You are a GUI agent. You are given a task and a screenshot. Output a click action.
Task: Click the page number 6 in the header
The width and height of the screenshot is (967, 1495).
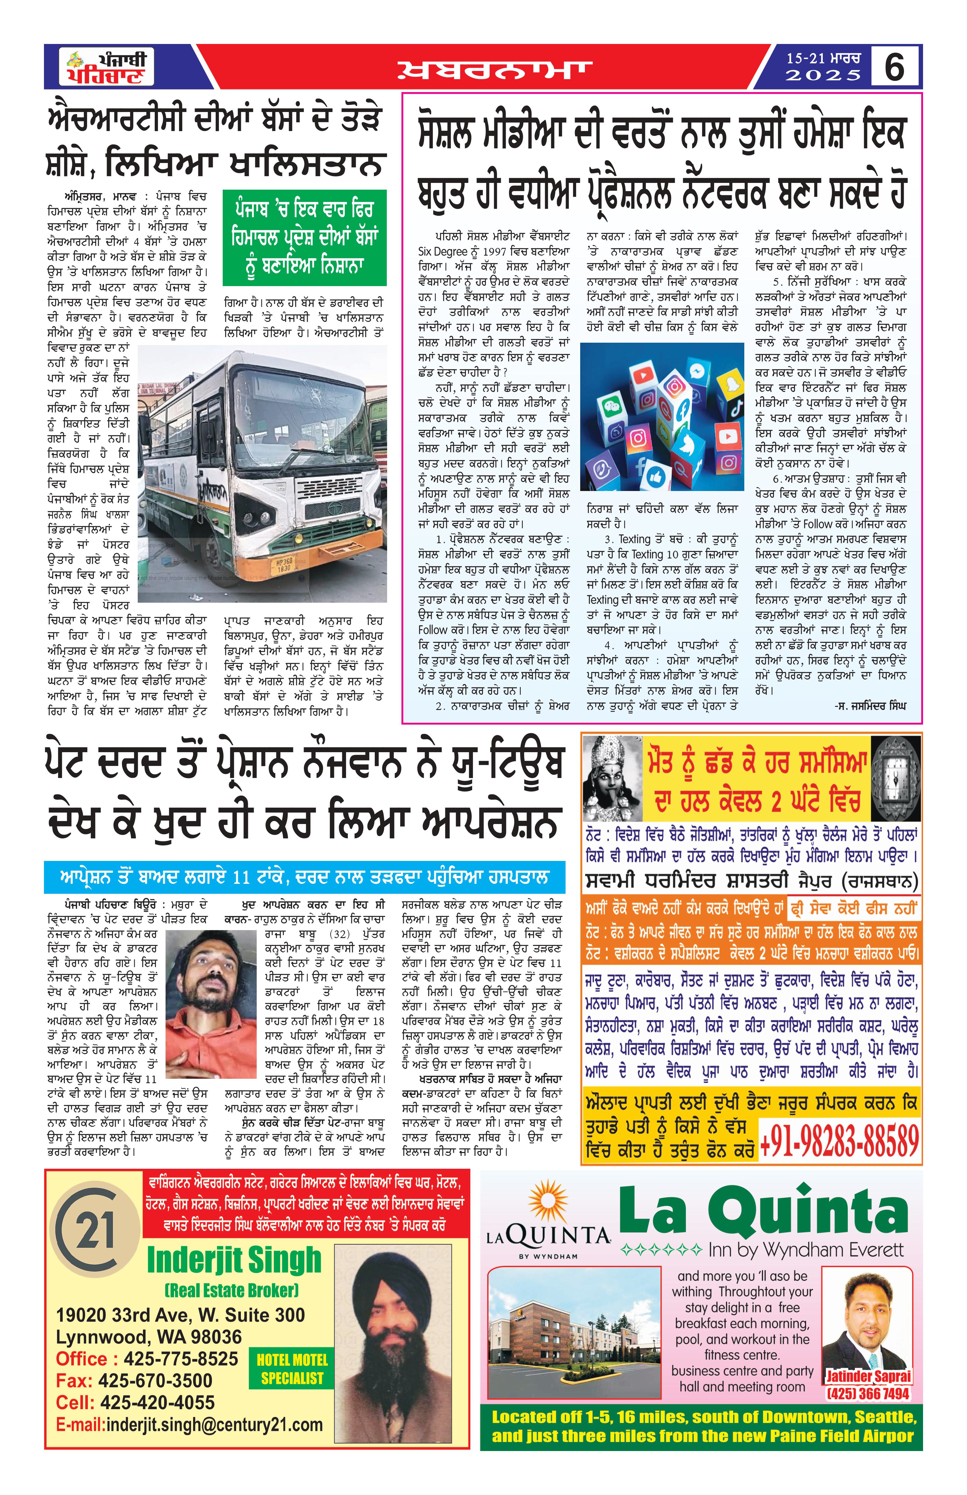pyautogui.click(x=895, y=67)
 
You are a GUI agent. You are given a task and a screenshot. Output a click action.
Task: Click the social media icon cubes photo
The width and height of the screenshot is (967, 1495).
pyautogui.click(x=662, y=417)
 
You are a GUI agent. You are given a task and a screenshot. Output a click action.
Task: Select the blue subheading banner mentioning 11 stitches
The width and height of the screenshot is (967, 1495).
pyautogui.click(x=304, y=877)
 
